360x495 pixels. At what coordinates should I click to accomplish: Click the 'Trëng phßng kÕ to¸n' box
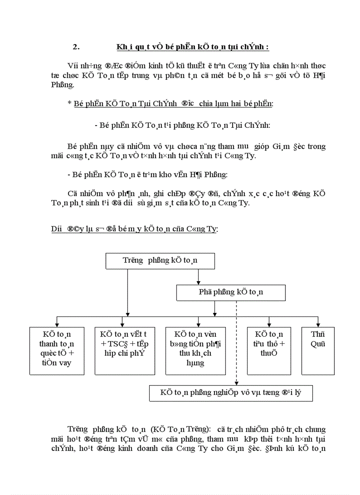[160, 261]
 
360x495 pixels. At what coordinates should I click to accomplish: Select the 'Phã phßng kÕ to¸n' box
[231, 292]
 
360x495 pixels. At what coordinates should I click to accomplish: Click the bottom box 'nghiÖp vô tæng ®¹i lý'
[230, 392]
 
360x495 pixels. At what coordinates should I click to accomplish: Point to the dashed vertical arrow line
[236, 344]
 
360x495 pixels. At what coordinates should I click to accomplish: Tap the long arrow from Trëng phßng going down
[127, 291]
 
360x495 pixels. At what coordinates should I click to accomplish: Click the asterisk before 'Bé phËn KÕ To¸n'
[69, 104]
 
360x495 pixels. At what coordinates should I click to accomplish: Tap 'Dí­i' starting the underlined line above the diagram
[57, 229]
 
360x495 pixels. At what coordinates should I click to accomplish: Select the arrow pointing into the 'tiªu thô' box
[269, 324]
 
